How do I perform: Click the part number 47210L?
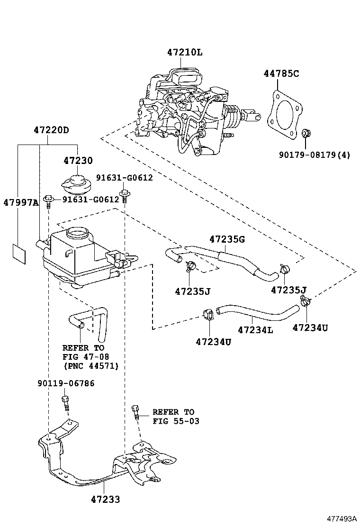pos(184,52)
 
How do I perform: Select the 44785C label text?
pos(281,73)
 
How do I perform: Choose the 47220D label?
pos(51,130)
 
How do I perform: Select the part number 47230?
pos(78,161)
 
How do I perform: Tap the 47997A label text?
pos(20,202)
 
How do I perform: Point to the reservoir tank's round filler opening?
pos(77,233)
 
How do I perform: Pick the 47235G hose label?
pos(227,239)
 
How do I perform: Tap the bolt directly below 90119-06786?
pos(65,404)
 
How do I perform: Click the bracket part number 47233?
pos(106,499)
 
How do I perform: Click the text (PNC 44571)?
pos(90,366)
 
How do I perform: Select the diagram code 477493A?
pos(340,518)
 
